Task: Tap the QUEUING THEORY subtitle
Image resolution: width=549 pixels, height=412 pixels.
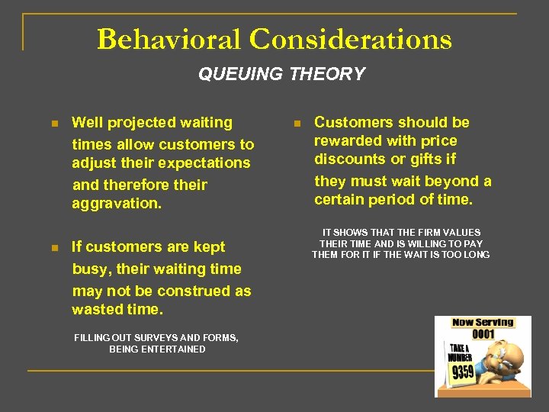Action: coord(281,74)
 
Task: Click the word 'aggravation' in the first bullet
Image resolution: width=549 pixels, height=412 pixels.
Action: coord(115,204)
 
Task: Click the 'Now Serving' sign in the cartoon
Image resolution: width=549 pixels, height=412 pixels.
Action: coord(483,323)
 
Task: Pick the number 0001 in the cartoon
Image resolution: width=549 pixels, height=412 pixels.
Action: coord(483,334)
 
